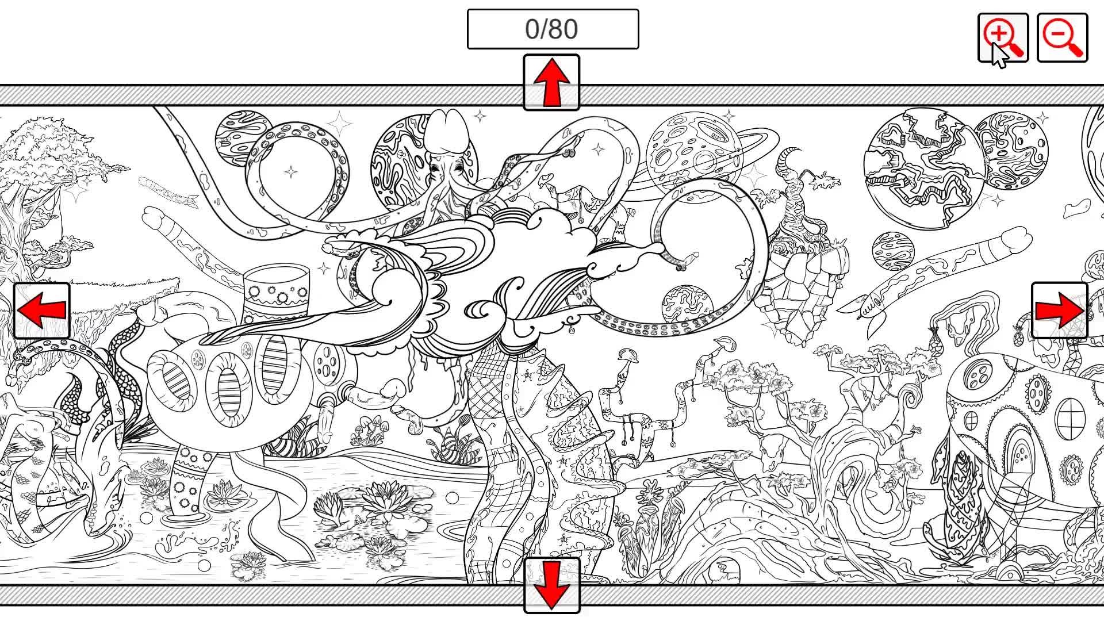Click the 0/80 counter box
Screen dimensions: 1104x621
[553, 29]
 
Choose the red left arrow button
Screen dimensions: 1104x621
[42, 310]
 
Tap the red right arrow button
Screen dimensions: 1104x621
[1060, 310]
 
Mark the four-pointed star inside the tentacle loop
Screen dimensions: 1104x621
[292, 171]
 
